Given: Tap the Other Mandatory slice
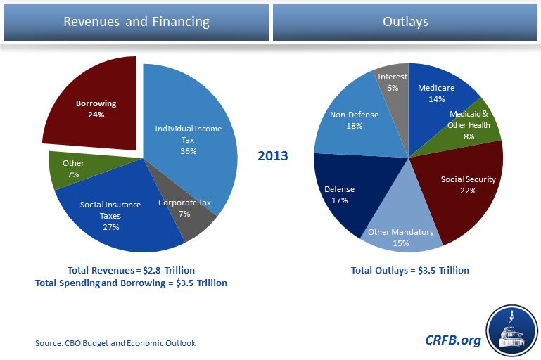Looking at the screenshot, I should point(401,236).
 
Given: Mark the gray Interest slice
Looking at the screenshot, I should point(393,81).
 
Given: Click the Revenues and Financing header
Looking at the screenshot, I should point(136,22).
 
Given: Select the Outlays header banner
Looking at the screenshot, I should point(406,22).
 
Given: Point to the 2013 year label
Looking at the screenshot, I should point(272,155).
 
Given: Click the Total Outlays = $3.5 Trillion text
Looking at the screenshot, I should point(409,270).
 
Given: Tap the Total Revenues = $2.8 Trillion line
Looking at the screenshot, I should point(131,270).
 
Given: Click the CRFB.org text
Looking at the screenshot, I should point(453,340).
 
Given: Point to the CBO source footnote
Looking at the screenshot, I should point(115,343).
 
